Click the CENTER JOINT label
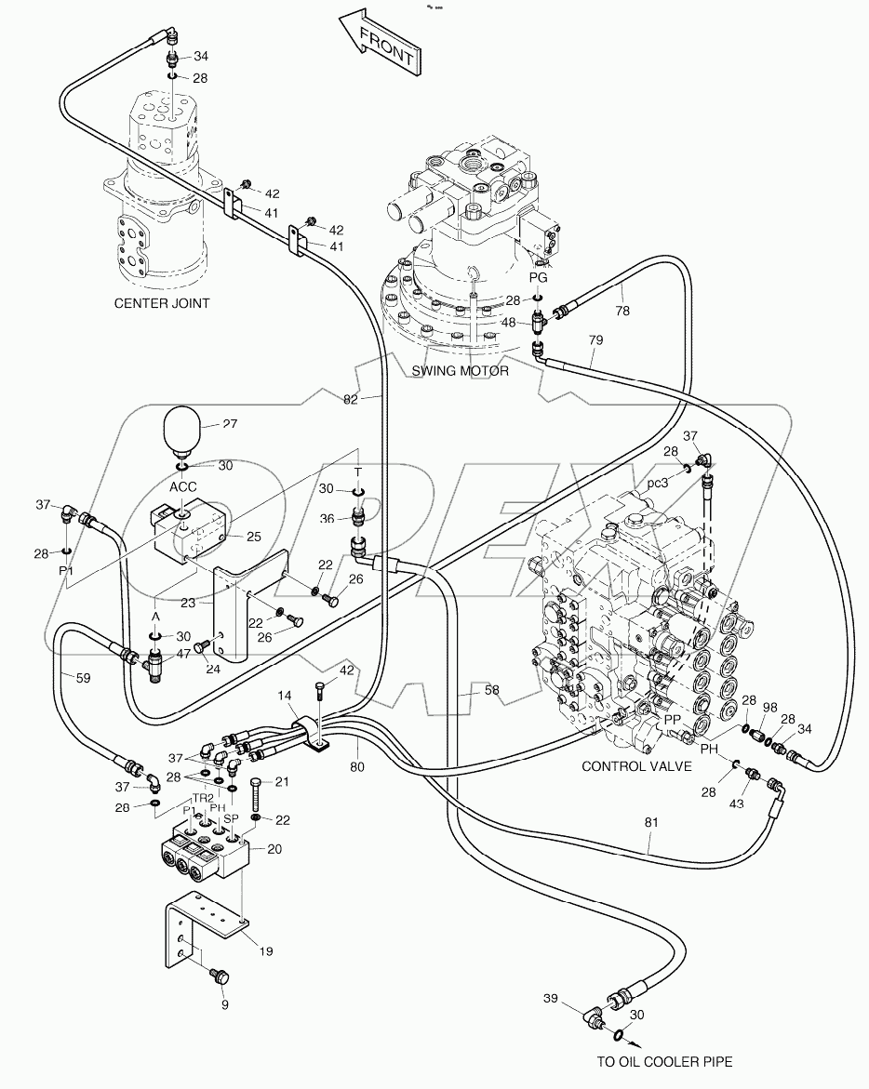pos(162,302)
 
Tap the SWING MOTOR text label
pos(461,370)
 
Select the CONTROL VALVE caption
pos(636,766)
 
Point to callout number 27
pos(230,424)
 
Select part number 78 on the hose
pos(622,312)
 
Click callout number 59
pos(83,678)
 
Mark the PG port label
pos(538,277)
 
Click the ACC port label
pos(182,486)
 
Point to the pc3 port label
pos(659,484)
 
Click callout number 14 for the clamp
pos(283,697)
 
